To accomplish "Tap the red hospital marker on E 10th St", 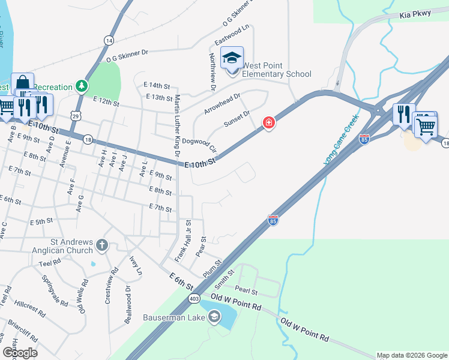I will pyautogui.click(x=269, y=123).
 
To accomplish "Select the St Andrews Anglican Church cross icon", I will pyautogui.click(x=102, y=245).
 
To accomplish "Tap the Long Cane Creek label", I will pyautogui.click(x=341, y=140).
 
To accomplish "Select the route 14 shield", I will pyautogui.click(x=108, y=40).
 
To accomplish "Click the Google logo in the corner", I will pyautogui.click(x=20, y=353).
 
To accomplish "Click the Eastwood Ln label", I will pyautogui.click(x=232, y=36).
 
